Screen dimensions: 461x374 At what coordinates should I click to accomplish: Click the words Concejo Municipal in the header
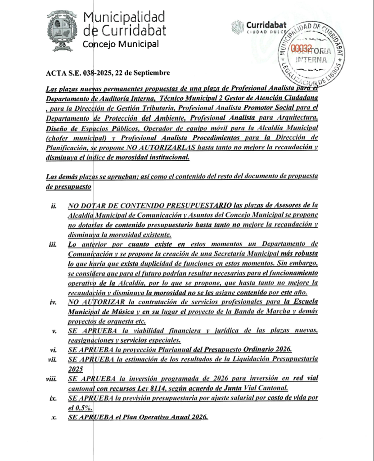[120, 44]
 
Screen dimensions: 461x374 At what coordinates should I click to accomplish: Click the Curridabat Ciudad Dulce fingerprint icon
[237, 27]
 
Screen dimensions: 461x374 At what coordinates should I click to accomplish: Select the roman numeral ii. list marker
[54, 206]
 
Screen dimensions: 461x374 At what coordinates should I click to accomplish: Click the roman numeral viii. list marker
[51, 379]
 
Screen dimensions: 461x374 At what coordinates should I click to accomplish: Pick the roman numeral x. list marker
[54, 417]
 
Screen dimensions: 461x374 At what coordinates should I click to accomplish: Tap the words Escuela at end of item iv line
[302, 302]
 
